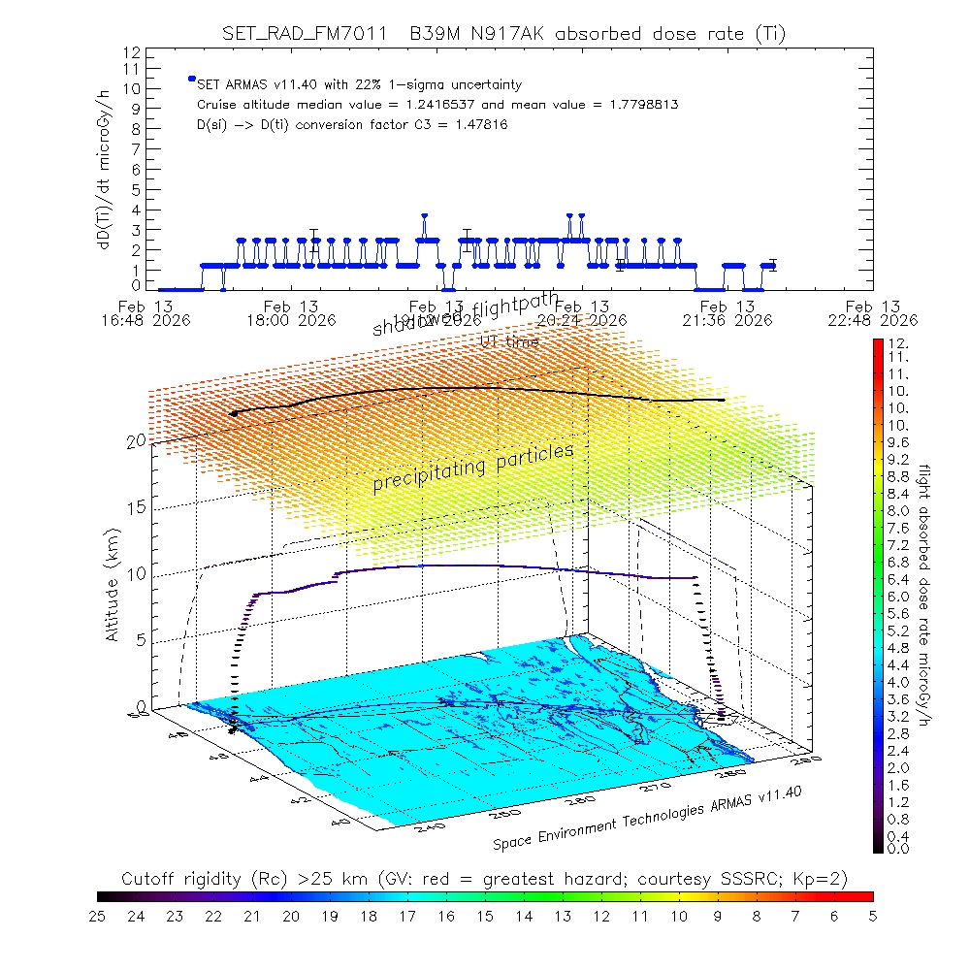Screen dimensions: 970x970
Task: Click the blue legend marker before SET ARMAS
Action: coord(192,79)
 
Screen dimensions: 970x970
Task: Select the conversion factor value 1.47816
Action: coord(475,124)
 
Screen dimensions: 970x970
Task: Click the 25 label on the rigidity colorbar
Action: coord(98,915)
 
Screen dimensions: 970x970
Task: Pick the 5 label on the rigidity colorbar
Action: coord(872,915)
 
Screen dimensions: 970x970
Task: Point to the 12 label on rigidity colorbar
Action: coord(600,915)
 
